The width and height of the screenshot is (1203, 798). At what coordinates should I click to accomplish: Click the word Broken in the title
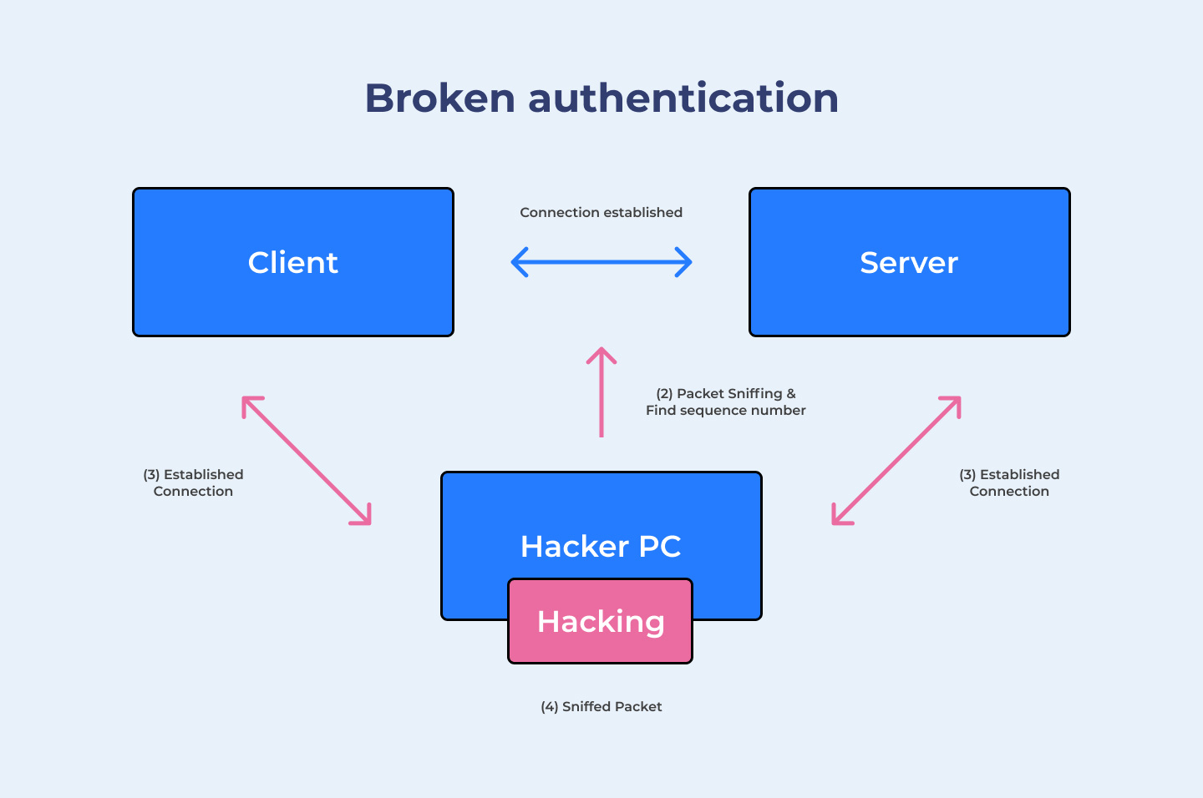(x=439, y=98)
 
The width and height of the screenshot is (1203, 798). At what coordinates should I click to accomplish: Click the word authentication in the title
(x=683, y=98)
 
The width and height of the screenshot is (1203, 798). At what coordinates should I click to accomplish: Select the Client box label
(x=292, y=263)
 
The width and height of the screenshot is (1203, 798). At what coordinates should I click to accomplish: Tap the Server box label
(x=909, y=263)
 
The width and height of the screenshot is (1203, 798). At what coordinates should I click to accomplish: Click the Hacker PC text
(x=601, y=547)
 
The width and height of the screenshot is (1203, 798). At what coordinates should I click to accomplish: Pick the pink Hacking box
(x=601, y=622)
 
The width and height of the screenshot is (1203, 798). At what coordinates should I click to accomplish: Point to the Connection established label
(x=601, y=213)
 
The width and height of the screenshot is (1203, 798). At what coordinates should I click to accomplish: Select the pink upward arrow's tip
(x=601, y=351)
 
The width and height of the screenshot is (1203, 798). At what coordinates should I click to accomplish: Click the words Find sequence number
(x=725, y=411)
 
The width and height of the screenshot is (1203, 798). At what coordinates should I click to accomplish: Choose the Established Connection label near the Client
(x=193, y=482)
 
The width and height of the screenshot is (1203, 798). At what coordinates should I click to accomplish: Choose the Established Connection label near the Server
(x=1009, y=482)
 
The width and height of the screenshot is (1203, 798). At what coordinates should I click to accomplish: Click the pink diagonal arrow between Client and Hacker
(x=306, y=461)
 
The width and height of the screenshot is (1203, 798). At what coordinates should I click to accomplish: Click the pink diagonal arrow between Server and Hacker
(x=896, y=461)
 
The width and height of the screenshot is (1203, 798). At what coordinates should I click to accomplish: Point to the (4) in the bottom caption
(x=549, y=707)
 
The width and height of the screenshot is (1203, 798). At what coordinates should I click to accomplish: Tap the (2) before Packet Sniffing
(x=664, y=394)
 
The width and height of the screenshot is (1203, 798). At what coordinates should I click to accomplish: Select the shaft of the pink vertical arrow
(x=601, y=401)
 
